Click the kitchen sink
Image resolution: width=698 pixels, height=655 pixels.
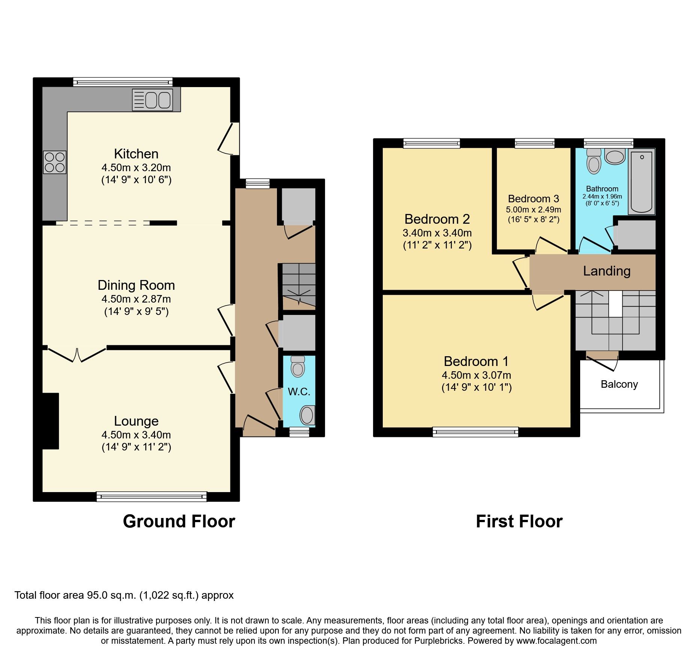click(x=153, y=100)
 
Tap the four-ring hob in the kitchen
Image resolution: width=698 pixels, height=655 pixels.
click(x=55, y=162)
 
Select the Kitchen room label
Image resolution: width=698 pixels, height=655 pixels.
click(x=136, y=154)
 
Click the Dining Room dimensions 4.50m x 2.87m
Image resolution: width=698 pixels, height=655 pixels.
click(x=136, y=299)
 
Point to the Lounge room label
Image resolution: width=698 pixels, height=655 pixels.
click(x=136, y=421)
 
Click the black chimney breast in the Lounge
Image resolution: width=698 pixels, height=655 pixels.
click(x=51, y=421)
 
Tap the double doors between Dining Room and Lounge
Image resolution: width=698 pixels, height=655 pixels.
click(x=77, y=355)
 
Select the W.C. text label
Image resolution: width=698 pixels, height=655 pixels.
click(x=299, y=392)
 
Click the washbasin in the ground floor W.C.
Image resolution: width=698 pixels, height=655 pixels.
click(x=307, y=415)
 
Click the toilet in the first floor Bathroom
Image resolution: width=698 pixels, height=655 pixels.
click(x=594, y=161)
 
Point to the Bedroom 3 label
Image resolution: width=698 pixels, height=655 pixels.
click(x=533, y=199)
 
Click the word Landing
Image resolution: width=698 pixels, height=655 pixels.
click(x=606, y=271)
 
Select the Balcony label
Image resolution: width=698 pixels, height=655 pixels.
click(x=619, y=384)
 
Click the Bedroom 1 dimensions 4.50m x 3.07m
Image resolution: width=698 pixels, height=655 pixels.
click(x=476, y=375)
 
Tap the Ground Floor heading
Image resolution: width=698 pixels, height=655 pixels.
click(x=179, y=521)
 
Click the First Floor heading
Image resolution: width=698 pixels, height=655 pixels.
click(x=519, y=521)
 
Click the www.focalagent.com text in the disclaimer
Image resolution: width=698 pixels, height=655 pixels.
click(x=556, y=641)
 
